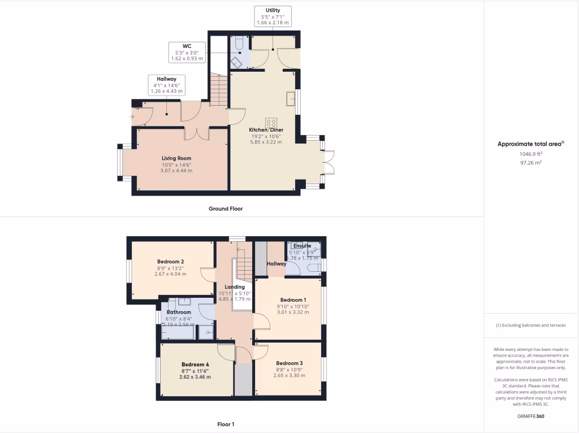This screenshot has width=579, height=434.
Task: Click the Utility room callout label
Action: tap(273, 16)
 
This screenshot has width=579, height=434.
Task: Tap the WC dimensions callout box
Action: tap(186, 52)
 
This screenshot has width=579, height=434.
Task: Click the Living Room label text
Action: tap(176, 158)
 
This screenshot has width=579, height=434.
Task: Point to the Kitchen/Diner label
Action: tap(265, 129)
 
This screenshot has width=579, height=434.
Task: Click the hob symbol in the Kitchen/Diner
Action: tap(271, 121)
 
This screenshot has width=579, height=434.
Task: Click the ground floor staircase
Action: tap(218, 89)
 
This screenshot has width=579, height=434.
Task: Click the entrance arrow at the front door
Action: tap(133, 117)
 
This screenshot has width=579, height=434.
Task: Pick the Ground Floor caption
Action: tap(226, 209)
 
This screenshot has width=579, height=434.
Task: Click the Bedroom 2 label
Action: tap(170, 262)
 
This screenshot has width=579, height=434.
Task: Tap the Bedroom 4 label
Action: tap(195, 364)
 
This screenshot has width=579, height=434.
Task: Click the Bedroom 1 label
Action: tap(293, 300)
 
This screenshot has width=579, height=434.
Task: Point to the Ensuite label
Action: tap(301, 246)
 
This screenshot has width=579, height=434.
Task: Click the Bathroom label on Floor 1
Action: tap(178, 312)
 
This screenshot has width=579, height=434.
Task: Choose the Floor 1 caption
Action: tap(226, 424)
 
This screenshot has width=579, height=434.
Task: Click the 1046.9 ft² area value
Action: tap(531, 153)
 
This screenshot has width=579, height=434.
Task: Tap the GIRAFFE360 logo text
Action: tap(531, 416)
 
